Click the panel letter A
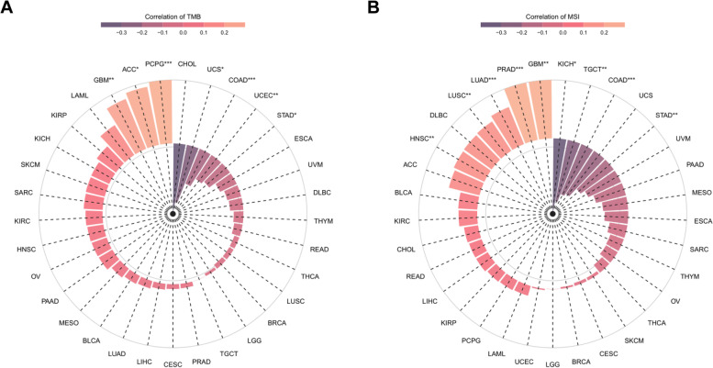tap(8, 9)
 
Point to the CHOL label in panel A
tap(186, 63)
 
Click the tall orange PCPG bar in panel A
tap(162, 110)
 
